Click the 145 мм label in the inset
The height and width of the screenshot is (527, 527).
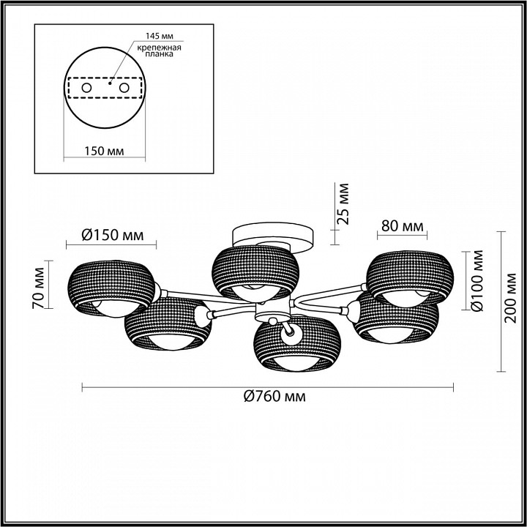160,37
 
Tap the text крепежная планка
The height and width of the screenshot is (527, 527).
160,51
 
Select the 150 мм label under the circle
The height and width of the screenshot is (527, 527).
104,152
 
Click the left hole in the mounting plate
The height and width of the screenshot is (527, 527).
86,88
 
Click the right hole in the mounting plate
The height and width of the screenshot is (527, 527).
124,88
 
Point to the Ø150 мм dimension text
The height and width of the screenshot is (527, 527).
113,235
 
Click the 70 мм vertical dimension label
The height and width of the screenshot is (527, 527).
39,288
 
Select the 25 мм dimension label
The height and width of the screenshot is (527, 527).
343,204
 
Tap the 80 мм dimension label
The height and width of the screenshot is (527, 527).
403,226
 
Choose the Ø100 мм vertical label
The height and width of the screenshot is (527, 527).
476,281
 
